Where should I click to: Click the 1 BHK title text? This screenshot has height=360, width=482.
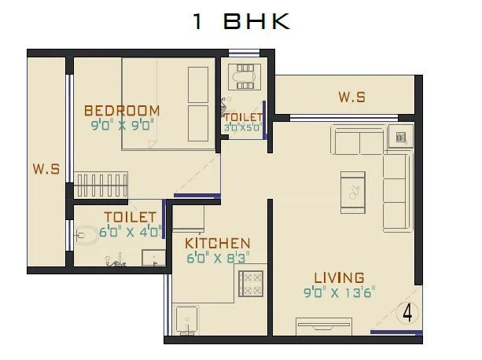pyautogui.click(x=241, y=21)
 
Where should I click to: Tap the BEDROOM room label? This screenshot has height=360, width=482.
pyautogui.click(x=122, y=110)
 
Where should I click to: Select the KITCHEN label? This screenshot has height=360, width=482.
pyautogui.click(x=218, y=244)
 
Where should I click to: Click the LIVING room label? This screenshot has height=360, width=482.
pyautogui.click(x=339, y=277)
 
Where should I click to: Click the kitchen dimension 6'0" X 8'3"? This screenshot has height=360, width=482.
pyautogui.click(x=218, y=257)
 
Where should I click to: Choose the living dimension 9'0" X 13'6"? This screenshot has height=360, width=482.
pyautogui.click(x=340, y=292)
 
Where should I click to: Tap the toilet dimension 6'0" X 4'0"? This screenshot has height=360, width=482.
pyautogui.click(x=130, y=231)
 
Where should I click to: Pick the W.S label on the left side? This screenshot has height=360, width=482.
pyautogui.click(x=46, y=168)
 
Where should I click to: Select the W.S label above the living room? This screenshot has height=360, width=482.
pyautogui.click(x=351, y=97)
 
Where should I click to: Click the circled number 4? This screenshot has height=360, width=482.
pyautogui.click(x=407, y=312)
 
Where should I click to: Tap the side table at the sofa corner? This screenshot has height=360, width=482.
pyautogui.click(x=400, y=137)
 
